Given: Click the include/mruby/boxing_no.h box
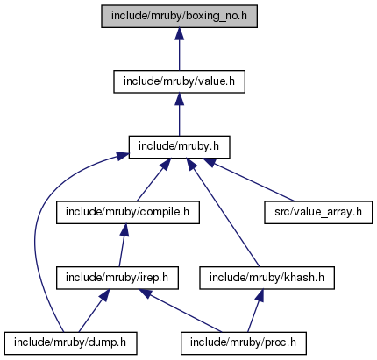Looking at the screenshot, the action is (179, 17).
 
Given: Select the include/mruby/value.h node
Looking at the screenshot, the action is (179, 81).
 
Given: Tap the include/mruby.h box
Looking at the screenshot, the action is (179, 147).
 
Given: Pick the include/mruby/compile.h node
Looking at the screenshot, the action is (128, 213).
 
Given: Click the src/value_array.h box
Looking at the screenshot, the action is (318, 213).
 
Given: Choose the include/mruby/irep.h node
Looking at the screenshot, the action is (117, 278).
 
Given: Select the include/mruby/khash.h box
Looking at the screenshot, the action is (267, 278).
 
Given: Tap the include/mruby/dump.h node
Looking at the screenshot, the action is (70, 343).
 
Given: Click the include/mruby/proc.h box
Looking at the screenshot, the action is (244, 343).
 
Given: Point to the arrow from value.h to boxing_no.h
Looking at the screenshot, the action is (179, 49).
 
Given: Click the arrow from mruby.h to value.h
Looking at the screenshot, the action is (179, 115).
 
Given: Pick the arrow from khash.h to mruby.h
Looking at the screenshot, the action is (223, 213).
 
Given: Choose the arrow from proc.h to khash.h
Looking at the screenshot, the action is (255, 311).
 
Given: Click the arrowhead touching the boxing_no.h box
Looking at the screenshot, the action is (179, 34).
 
